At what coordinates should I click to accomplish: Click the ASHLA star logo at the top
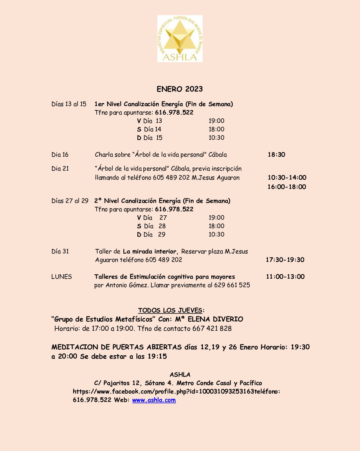[x=180, y=39]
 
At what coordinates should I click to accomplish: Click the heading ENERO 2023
[x=180, y=89]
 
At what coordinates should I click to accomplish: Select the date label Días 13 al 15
[x=69, y=104]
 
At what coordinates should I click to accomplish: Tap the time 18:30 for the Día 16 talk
[x=276, y=155]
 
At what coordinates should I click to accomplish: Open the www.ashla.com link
[x=154, y=400]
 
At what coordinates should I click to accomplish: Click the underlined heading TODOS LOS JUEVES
[x=170, y=310]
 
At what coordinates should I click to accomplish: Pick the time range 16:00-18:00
[x=287, y=187]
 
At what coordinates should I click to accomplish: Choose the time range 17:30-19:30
[x=285, y=260]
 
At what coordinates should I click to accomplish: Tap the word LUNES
[x=62, y=277]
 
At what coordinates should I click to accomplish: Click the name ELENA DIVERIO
[x=215, y=319]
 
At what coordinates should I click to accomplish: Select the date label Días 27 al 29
[x=70, y=201]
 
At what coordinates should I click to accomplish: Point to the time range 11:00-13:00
[x=285, y=277]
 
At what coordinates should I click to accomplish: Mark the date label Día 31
[x=60, y=251]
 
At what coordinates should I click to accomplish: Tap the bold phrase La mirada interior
[x=150, y=251]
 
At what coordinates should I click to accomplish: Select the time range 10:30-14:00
[x=287, y=178]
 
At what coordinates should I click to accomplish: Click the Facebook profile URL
[x=163, y=391]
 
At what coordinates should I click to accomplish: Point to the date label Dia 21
[x=60, y=169]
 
